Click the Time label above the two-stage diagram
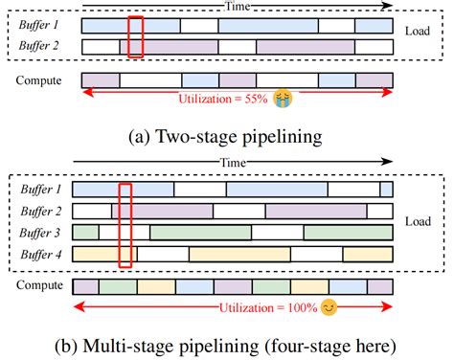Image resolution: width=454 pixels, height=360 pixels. [x=237, y=6]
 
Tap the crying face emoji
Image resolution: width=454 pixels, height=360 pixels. [x=282, y=98]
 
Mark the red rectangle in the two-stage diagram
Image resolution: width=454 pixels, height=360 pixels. [x=136, y=36]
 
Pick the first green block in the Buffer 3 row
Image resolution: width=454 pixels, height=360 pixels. [x=85, y=233]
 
